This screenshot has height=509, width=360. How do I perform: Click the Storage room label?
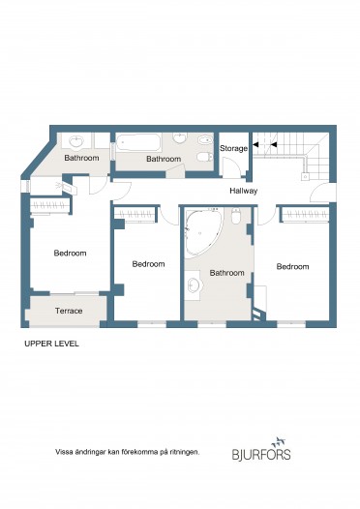point(234,149)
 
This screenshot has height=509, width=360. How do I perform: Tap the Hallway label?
point(244,191)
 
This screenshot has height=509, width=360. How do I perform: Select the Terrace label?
point(69,311)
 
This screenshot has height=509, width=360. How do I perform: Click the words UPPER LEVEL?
point(51,344)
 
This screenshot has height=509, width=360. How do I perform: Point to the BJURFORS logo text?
point(261,454)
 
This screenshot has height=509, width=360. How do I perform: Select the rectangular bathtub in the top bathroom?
point(138,142)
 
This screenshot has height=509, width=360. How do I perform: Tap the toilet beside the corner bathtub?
point(236,216)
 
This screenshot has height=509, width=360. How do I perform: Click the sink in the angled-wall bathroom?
point(76,141)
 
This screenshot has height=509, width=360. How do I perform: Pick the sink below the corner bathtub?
point(195,285)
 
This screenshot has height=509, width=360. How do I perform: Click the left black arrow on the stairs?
point(255,144)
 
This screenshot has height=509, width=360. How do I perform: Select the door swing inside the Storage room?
point(232,166)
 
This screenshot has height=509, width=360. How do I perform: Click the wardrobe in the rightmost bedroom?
point(305,215)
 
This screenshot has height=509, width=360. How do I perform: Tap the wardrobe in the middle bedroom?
point(135,215)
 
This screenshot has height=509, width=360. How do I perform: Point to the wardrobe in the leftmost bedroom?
point(49,206)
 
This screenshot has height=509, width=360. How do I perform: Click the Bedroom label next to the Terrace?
point(70,253)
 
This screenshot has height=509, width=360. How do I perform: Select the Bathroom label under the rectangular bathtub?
point(164,159)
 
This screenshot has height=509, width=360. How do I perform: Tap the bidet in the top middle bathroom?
point(205,140)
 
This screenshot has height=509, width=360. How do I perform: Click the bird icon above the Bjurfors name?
point(279,441)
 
